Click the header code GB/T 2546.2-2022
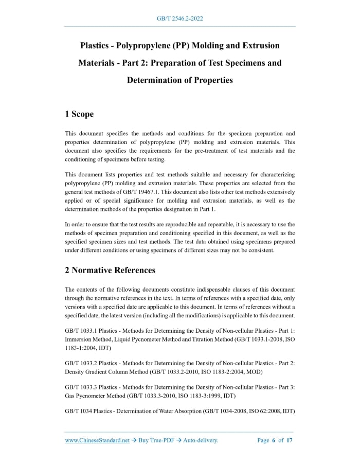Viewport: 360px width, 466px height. click(x=180, y=19)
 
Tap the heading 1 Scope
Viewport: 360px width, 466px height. click(x=79, y=114)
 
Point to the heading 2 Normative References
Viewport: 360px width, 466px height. click(x=110, y=270)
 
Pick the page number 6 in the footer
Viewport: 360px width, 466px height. click(x=274, y=440)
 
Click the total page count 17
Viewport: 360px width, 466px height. click(x=290, y=440)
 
